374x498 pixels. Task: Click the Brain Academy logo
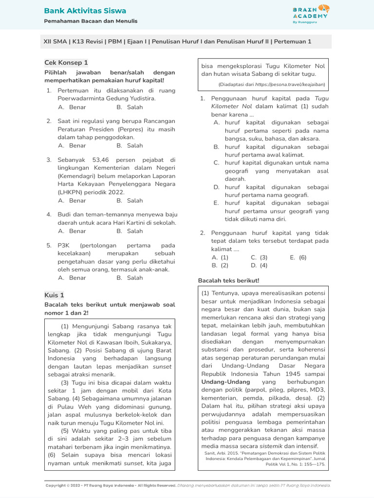pos(311,14)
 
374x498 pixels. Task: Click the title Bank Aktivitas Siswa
pos(85,11)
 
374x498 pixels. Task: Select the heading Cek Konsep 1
pos(66,63)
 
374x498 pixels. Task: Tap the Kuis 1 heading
pos(54,295)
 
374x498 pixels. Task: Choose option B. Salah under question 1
pos(130,107)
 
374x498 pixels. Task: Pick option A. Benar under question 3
pos(72,200)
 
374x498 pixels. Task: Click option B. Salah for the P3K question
pos(130,278)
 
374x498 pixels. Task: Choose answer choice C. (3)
pos(259,257)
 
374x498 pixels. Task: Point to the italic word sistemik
pos(271,446)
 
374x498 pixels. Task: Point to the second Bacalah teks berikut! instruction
pos(229,281)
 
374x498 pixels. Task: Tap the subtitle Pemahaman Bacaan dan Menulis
pos(91,21)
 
